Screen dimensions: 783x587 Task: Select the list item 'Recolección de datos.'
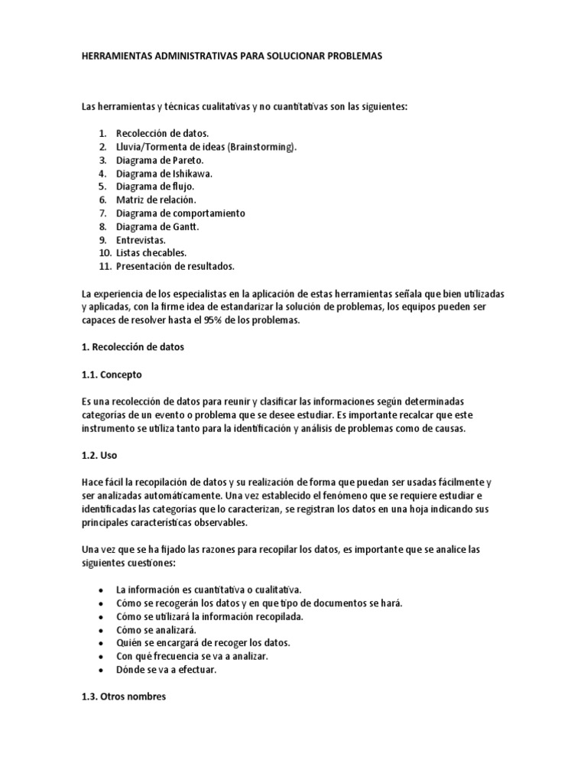click(159, 133)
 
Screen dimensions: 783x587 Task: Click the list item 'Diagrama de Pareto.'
click(160, 160)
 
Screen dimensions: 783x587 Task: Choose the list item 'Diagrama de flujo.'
click(155, 186)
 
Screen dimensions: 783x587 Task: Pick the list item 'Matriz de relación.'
click(156, 199)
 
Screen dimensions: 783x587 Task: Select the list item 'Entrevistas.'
click(141, 239)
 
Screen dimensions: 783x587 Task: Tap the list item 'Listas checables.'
click(151, 252)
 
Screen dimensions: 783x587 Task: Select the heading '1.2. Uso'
click(99, 454)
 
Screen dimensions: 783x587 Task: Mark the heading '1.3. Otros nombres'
click(123, 697)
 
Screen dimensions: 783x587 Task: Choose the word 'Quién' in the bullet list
click(130, 643)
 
